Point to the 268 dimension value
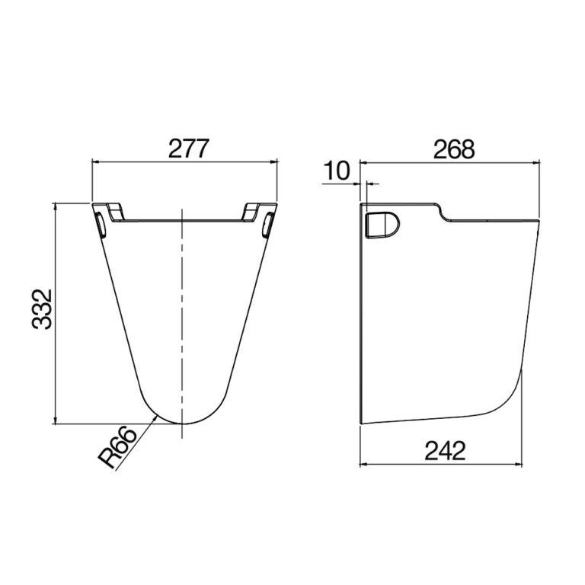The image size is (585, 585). tap(453, 149)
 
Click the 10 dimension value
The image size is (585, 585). tap(336, 171)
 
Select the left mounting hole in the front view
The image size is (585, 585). tap(100, 225)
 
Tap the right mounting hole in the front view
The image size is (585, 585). tap(267, 225)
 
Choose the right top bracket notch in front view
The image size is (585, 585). tap(255, 210)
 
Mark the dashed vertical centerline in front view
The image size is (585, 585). tap(183, 320)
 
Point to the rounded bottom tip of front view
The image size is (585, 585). tap(183, 423)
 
